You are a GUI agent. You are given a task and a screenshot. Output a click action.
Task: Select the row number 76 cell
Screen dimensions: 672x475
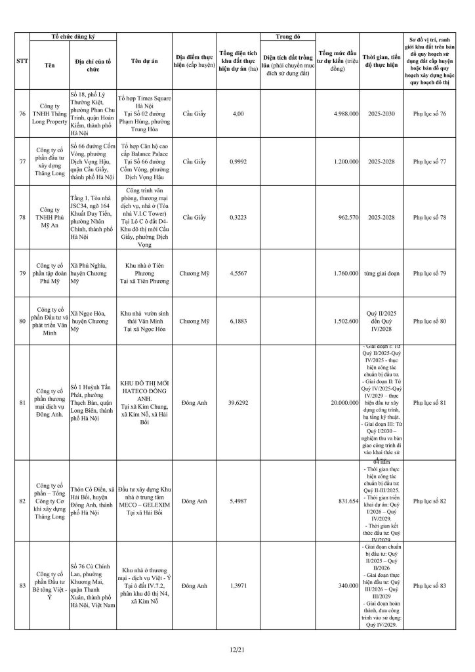22,114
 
